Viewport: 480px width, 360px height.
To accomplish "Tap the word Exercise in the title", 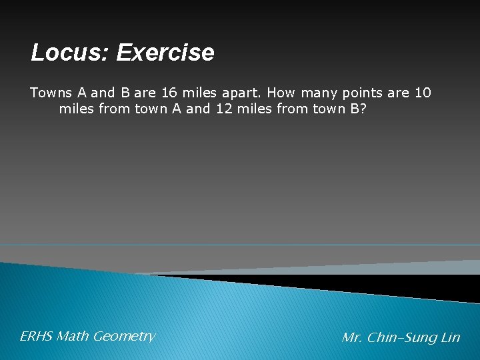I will coord(165,53).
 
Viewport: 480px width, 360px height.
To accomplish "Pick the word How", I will coord(277,93).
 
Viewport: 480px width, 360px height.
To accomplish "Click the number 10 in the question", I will coord(423,93).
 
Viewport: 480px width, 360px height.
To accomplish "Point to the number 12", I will coord(225,109).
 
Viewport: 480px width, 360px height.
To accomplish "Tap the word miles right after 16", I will coord(197,93).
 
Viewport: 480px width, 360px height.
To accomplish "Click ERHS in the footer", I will coord(36,337).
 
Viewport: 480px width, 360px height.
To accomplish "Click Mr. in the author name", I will coord(351,338).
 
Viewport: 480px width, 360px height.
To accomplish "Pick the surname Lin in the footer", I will coord(451,338).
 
